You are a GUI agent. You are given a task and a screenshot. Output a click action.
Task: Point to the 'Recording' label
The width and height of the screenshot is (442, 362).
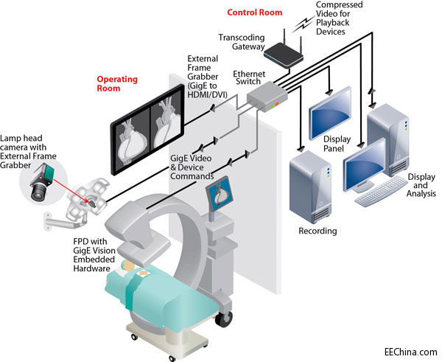318,231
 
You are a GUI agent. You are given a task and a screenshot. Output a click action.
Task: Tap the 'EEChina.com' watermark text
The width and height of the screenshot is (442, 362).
410,352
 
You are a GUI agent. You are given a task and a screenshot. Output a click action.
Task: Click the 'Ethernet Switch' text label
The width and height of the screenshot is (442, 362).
249,79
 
